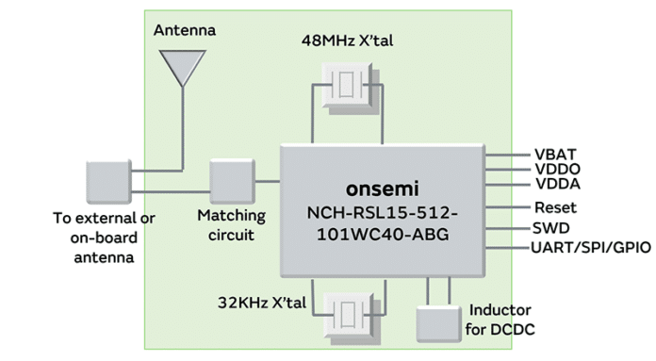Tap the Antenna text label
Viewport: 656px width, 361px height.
click(x=184, y=30)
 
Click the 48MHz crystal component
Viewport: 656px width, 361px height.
click(x=349, y=86)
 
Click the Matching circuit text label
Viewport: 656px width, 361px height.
click(x=232, y=225)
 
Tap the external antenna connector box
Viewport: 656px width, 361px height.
click(x=108, y=183)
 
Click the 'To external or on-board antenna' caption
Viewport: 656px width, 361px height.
click(x=105, y=237)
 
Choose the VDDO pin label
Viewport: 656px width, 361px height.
click(x=556, y=169)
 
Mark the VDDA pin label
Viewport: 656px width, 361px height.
click(x=556, y=184)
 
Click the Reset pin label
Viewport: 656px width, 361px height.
click(x=555, y=207)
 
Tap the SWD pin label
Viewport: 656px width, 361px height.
click(x=551, y=228)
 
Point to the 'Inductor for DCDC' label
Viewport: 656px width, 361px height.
click(x=500, y=320)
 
